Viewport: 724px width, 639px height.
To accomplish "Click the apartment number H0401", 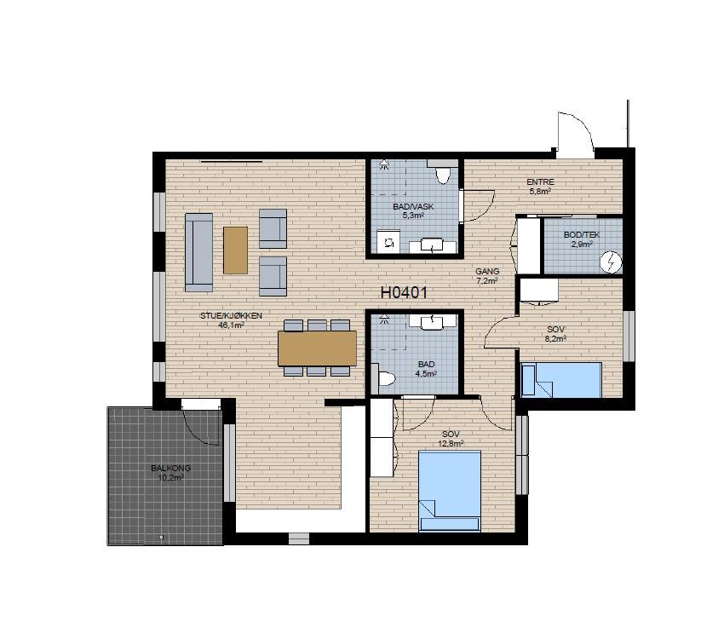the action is click(x=404, y=292).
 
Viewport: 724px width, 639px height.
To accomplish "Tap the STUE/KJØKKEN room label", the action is click(x=231, y=316).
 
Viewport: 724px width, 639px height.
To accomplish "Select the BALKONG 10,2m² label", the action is click(x=170, y=473).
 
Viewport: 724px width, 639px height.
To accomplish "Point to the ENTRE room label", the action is click(x=540, y=182).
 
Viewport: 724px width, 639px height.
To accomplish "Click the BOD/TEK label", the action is click(x=582, y=235).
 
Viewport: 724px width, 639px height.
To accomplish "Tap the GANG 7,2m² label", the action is click(x=487, y=276).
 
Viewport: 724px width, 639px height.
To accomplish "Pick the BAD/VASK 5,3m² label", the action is click(x=413, y=211).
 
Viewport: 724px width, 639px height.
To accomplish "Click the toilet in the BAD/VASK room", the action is click(x=442, y=171).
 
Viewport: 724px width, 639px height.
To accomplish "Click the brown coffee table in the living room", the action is click(x=235, y=250).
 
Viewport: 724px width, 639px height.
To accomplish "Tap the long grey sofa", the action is click(x=199, y=252).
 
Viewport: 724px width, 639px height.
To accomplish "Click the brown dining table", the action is click(x=317, y=348).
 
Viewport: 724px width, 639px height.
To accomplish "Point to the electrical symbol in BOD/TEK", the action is click(x=611, y=262).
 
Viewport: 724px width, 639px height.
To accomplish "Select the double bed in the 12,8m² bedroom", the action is click(x=450, y=491).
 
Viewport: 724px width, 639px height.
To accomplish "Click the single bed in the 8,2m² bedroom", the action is click(x=561, y=380).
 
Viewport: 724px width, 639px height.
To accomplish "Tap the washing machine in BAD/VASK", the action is click(x=389, y=241).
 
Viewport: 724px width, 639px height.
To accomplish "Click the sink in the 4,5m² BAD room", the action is click(x=432, y=321).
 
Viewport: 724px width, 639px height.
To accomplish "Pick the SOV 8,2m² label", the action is click(x=556, y=334).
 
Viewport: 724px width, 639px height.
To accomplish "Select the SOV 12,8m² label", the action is click(x=451, y=439).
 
